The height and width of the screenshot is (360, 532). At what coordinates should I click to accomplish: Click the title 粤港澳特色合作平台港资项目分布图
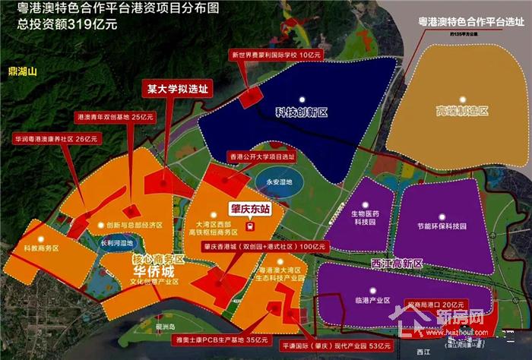click(x=97, y=9)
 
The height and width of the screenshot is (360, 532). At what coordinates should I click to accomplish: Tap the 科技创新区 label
click(x=302, y=112)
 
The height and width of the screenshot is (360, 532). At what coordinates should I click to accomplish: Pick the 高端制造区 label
click(x=461, y=112)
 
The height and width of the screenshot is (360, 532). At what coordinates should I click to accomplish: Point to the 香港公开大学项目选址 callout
click(x=264, y=156)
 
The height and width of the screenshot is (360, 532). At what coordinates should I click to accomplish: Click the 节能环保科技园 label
click(x=442, y=226)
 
